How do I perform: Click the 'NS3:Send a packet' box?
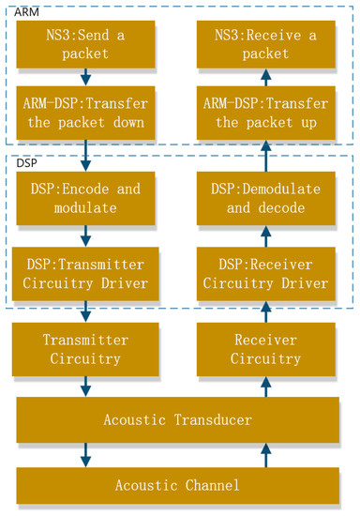pyautogui.click(x=85, y=45)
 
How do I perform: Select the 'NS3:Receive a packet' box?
pyautogui.click(x=266, y=45)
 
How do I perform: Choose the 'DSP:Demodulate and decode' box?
pyautogui.click(x=266, y=198)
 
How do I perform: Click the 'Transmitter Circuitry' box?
pyautogui.click(x=85, y=349)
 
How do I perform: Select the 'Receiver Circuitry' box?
pyautogui.click(x=266, y=349)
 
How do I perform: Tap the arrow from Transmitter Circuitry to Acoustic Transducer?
pyautogui.click(x=85, y=385)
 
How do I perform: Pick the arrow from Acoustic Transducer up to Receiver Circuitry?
pyautogui.click(x=266, y=385)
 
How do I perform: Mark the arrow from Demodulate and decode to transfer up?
pyautogui.click(x=266, y=155)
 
